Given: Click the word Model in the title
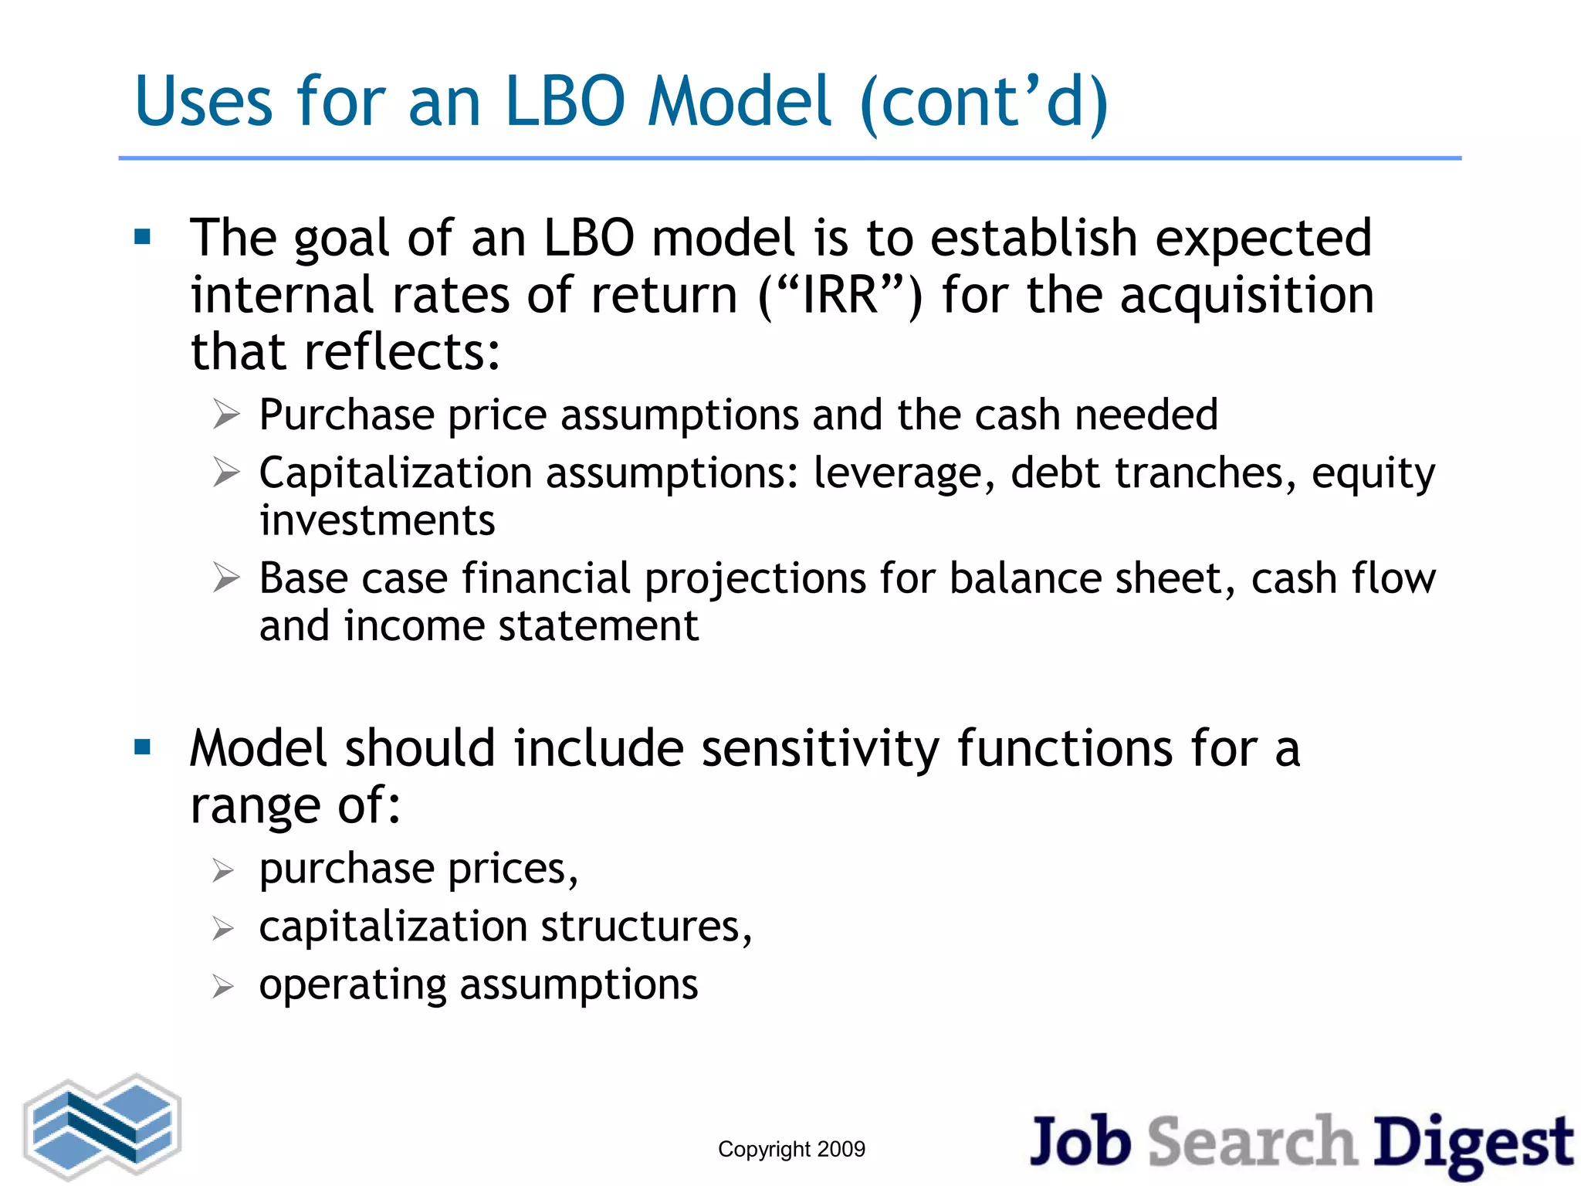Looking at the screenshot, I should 740,102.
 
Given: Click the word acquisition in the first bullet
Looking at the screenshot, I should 1246,295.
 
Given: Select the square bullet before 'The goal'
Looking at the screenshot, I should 143,237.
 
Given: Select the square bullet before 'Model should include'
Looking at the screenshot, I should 143,747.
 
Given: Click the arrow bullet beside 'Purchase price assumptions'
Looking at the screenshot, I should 226,415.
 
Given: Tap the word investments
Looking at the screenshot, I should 377,520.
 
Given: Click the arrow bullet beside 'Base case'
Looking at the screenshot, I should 226,578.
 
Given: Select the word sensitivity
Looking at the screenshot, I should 820,749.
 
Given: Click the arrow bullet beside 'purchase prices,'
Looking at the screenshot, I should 223,871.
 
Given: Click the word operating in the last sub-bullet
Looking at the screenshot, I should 352,985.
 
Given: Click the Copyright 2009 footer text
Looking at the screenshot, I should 791,1149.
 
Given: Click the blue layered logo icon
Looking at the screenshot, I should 102,1126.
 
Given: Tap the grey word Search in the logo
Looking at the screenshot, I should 1252,1141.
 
